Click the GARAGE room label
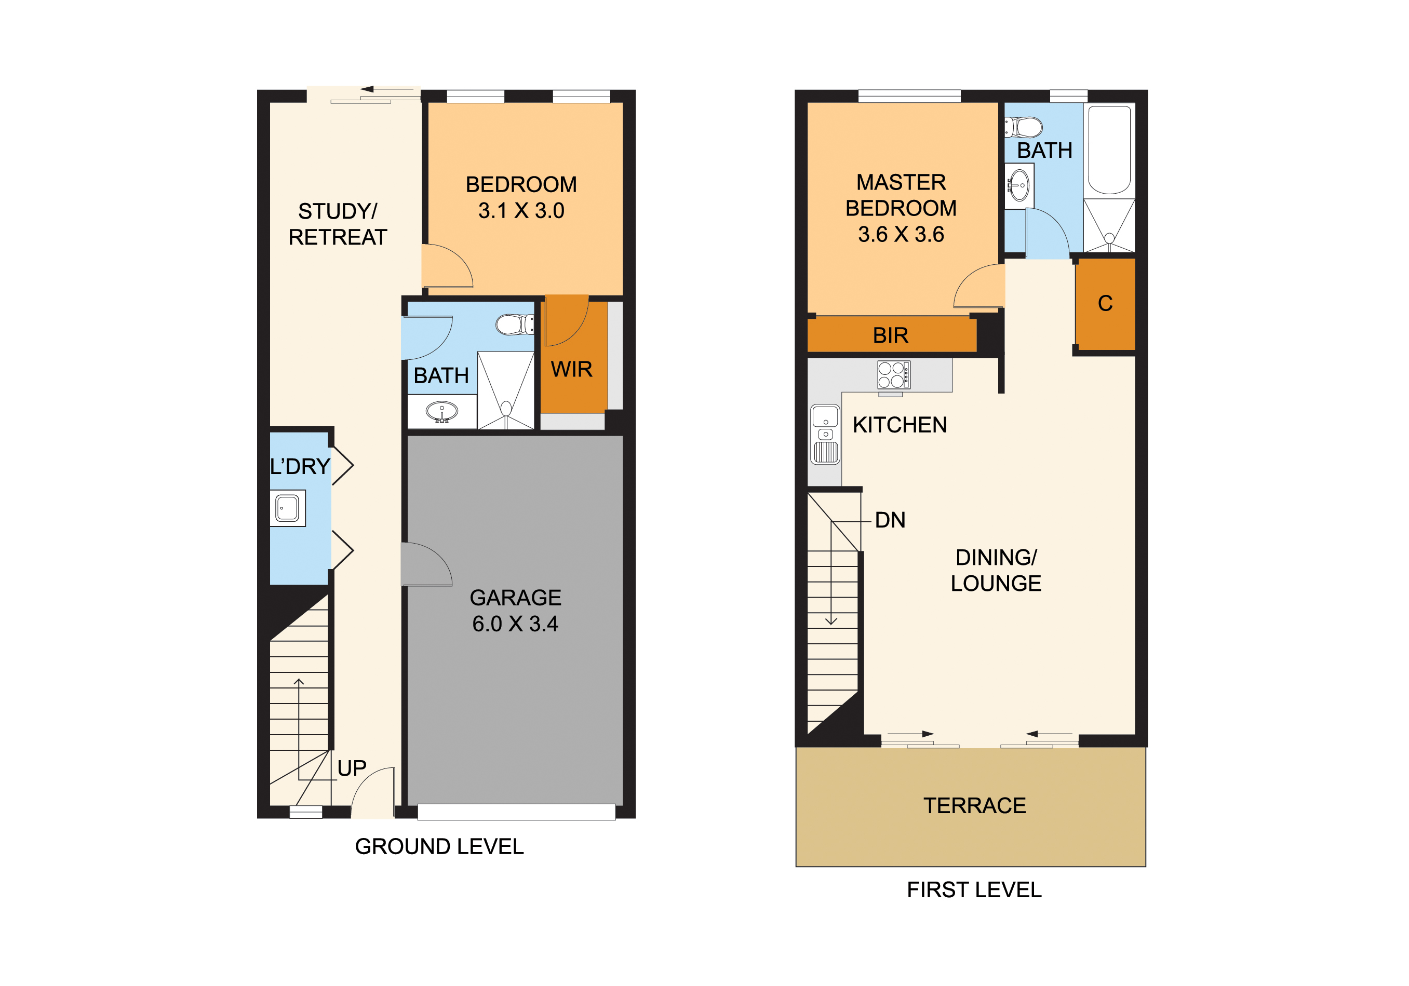pos(516,598)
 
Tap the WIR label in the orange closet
pos(571,369)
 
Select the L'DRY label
pos(300,466)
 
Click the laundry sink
pos(287,508)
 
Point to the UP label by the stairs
pos(352,768)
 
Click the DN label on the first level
pos(890,520)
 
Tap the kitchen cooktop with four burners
pos(893,375)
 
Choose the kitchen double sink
pos(825,435)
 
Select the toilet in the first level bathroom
pos(1024,128)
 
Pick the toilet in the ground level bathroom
pos(515,325)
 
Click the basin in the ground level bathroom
pos(442,411)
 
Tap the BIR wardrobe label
pos(891,335)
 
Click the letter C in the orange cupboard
pos(1105,303)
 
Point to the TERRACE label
pos(974,806)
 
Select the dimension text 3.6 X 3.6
pos(901,234)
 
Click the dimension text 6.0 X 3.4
pos(516,624)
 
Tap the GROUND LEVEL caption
pos(439,847)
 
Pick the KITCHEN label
pos(900,425)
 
